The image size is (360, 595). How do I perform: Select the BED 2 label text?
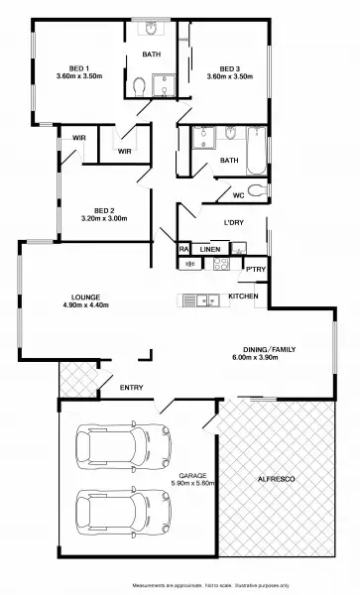click(x=106, y=209)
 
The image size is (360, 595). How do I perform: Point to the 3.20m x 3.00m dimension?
click(x=105, y=218)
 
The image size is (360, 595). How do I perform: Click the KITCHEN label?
click(x=243, y=297)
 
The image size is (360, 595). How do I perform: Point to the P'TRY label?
click(x=255, y=269)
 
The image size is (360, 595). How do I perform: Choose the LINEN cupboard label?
click(x=209, y=249)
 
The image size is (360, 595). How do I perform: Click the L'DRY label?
click(x=234, y=222)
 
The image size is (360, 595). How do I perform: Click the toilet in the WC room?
click(x=257, y=191)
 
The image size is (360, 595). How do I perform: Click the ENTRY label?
click(x=131, y=387)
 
